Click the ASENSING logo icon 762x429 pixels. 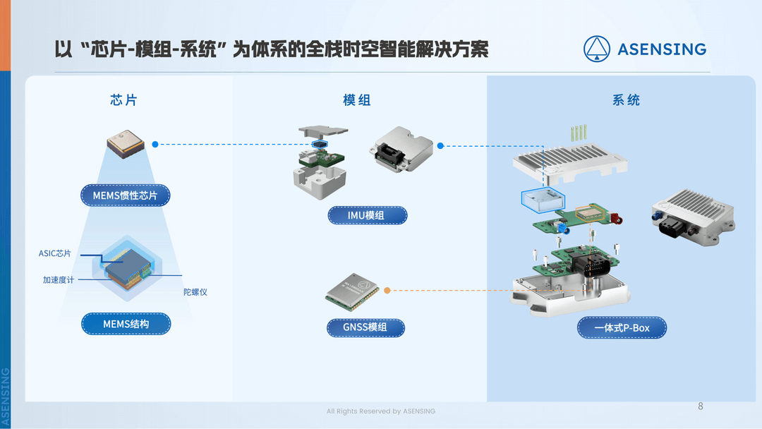(596, 49)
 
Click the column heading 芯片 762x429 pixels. (124, 100)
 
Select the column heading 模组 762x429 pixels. (357, 100)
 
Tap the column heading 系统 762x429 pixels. (626, 100)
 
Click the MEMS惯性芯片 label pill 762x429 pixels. (126, 195)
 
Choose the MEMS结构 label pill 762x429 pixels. (126, 324)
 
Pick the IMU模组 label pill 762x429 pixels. (367, 215)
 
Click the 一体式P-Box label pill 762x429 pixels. (622, 328)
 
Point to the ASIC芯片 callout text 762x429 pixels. (55, 253)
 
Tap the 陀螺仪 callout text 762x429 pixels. (195, 292)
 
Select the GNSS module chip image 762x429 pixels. (351, 291)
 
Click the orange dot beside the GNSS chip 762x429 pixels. (387, 290)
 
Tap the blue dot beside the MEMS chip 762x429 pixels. (155, 144)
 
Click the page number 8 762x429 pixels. (700, 406)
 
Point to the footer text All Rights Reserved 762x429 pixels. (381, 411)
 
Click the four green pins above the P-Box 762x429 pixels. (579, 132)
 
